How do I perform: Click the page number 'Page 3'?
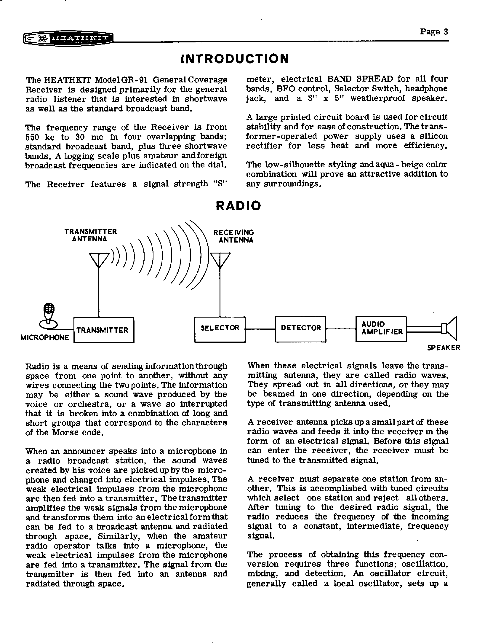click(x=434, y=32)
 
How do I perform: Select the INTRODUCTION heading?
click(x=235, y=58)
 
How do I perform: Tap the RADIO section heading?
click(x=238, y=205)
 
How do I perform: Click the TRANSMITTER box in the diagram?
click(x=104, y=330)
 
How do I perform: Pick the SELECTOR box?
click(x=220, y=329)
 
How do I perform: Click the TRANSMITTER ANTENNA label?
click(x=90, y=235)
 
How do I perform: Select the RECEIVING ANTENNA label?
click(x=234, y=236)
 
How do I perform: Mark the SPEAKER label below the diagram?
click(x=444, y=348)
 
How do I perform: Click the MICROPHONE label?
click(x=44, y=337)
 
